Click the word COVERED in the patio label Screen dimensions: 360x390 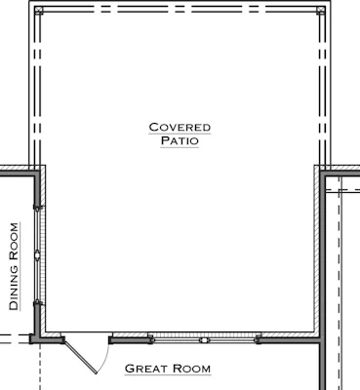pos(180,127)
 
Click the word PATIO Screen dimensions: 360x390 pos(180,140)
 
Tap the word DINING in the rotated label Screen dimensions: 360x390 pos(14,289)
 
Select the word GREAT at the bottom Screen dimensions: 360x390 pos(146,369)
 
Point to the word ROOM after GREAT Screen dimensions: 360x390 pos(191,369)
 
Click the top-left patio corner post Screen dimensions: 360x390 pos(39,10)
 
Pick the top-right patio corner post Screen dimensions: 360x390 pos(321,10)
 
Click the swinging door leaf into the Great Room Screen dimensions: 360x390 pos(80,357)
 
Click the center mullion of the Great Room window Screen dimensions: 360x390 pos(204,340)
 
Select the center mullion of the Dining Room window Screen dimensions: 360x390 pos(37,255)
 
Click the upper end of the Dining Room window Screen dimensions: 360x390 pos(37,207)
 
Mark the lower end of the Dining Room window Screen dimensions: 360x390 pos(37,303)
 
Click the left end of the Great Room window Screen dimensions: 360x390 pos(150,340)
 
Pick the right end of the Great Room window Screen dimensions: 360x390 pos(259,340)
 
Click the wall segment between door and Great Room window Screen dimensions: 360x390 pos(130,340)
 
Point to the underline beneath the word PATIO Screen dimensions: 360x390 pos(180,147)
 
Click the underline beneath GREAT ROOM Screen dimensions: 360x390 pos(168,375)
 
